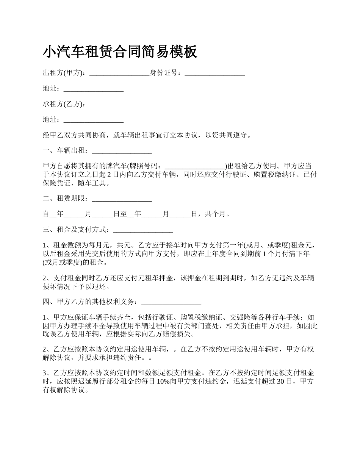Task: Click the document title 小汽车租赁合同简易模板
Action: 120,52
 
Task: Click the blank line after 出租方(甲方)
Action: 120,73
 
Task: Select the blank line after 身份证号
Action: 214,73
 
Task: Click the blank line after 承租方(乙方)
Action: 120,104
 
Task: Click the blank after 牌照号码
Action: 195,166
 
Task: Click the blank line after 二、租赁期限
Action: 122,198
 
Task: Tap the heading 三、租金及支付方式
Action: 76,230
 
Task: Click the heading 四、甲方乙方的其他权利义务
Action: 90,302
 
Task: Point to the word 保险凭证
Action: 57,183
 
